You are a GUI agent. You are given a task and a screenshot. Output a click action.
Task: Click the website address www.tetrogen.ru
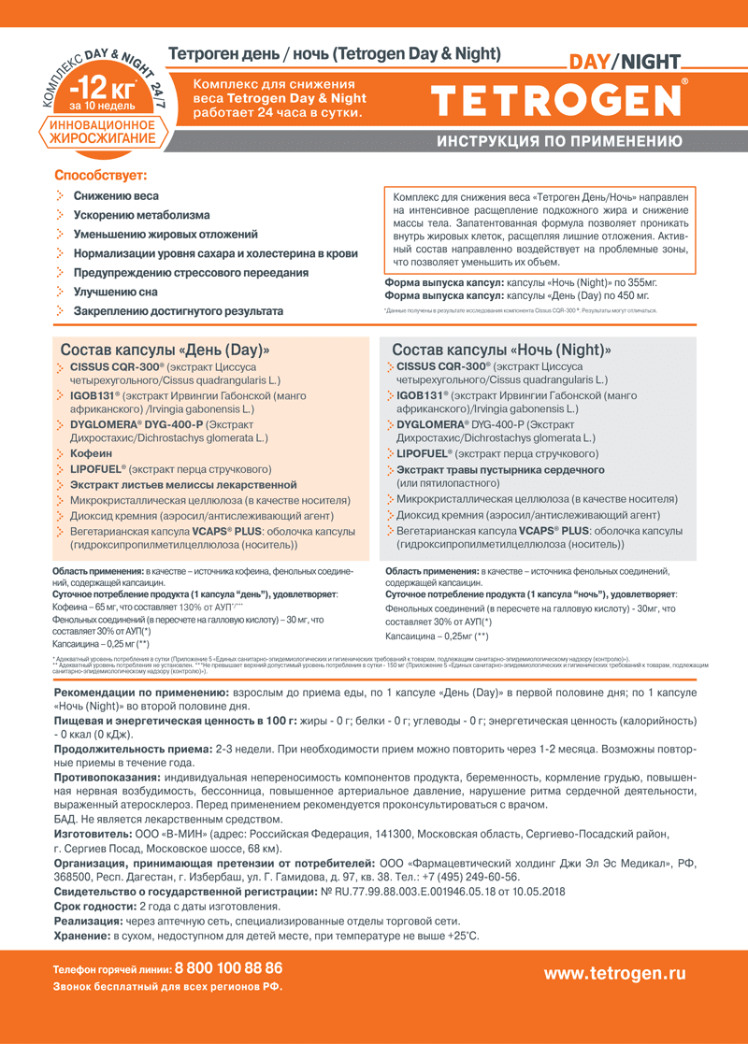pyautogui.click(x=614, y=973)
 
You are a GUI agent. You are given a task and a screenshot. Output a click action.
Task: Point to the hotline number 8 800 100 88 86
pyautogui.click(x=228, y=968)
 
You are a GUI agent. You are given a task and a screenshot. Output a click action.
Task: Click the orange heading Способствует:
pyautogui.click(x=100, y=175)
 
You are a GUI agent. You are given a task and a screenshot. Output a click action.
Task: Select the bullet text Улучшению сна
pyautogui.click(x=116, y=292)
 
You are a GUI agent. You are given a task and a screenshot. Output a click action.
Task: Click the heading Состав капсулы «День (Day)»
pyautogui.click(x=165, y=350)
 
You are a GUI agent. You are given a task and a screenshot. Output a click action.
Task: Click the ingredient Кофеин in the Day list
pyautogui.click(x=91, y=453)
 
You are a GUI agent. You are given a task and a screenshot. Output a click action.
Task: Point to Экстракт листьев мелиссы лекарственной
pyautogui.click(x=183, y=485)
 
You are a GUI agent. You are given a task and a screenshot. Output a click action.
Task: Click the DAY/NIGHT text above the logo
pyautogui.click(x=625, y=63)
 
